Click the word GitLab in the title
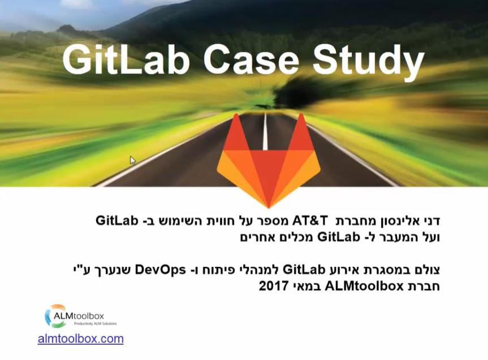coord(126,59)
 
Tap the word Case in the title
coord(251,59)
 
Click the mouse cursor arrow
coord(133,161)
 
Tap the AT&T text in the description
coord(310,220)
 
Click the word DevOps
coord(160,270)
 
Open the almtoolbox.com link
coord(81,339)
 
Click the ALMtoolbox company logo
coord(81,316)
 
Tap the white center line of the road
coord(265,131)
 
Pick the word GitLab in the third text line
coord(304,270)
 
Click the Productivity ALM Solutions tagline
coord(95,324)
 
